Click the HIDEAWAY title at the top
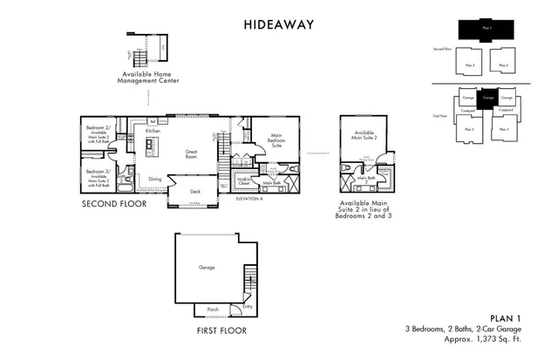coord(279,25)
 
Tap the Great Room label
coord(192,153)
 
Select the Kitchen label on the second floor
coord(152,131)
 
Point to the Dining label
coord(154,179)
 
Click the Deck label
coord(195,192)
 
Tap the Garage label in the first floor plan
coord(207,268)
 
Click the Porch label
coord(213,309)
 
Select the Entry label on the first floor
coord(247,307)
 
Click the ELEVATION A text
coord(249,200)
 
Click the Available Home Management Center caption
coord(149,79)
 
